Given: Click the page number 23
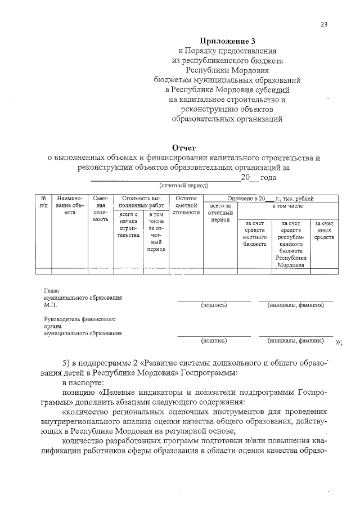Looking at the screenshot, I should (x=324, y=24).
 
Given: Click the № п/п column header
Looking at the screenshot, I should (x=43, y=202).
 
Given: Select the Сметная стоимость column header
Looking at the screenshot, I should (x=100, y=209).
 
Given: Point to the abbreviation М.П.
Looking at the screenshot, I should (x=51, y=305).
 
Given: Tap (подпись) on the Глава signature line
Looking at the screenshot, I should (x=214, y=305).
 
